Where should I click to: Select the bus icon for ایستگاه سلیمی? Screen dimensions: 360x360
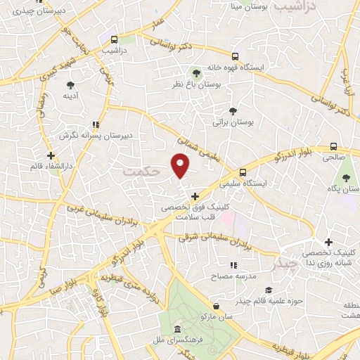tap(243, 172)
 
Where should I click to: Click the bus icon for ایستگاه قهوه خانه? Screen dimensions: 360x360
tap(236, 57)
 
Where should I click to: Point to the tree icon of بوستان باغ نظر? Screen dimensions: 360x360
tap(197, 72)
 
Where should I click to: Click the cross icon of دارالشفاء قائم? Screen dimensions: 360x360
tap(50, 155)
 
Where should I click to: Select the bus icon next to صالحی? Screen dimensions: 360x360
tap(333, 149)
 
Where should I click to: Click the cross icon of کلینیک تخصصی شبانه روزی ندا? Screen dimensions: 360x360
tap(328, 242)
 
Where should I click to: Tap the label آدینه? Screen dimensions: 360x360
tap(70, 95)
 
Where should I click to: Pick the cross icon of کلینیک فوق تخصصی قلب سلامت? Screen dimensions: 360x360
tap(195, 196)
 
